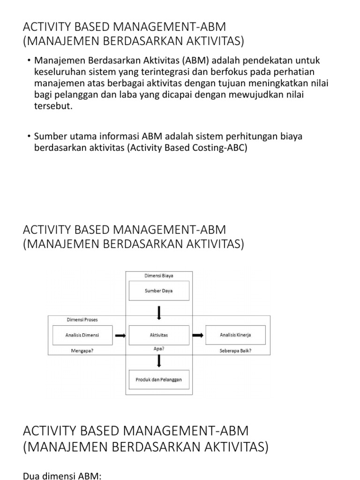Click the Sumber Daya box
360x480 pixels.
pos(159,291)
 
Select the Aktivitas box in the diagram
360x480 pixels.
pos(159,335)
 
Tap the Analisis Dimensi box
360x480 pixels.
pos(82,335)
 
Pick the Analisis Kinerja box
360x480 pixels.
pos(236,335)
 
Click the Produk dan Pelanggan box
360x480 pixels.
pos(159,379)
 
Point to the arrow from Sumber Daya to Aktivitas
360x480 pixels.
pos(159,313)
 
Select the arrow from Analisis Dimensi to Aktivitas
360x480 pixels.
pos(120,335)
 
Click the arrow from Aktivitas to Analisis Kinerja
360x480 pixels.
pos(198,335)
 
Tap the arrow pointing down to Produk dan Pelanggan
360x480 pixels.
pos(159,360)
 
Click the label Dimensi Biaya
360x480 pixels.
pos(159,276)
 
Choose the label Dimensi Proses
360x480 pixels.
pos(82,320)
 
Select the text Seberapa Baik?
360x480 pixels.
pos(236,351)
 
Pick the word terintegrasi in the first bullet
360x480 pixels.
pos(157,72)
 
